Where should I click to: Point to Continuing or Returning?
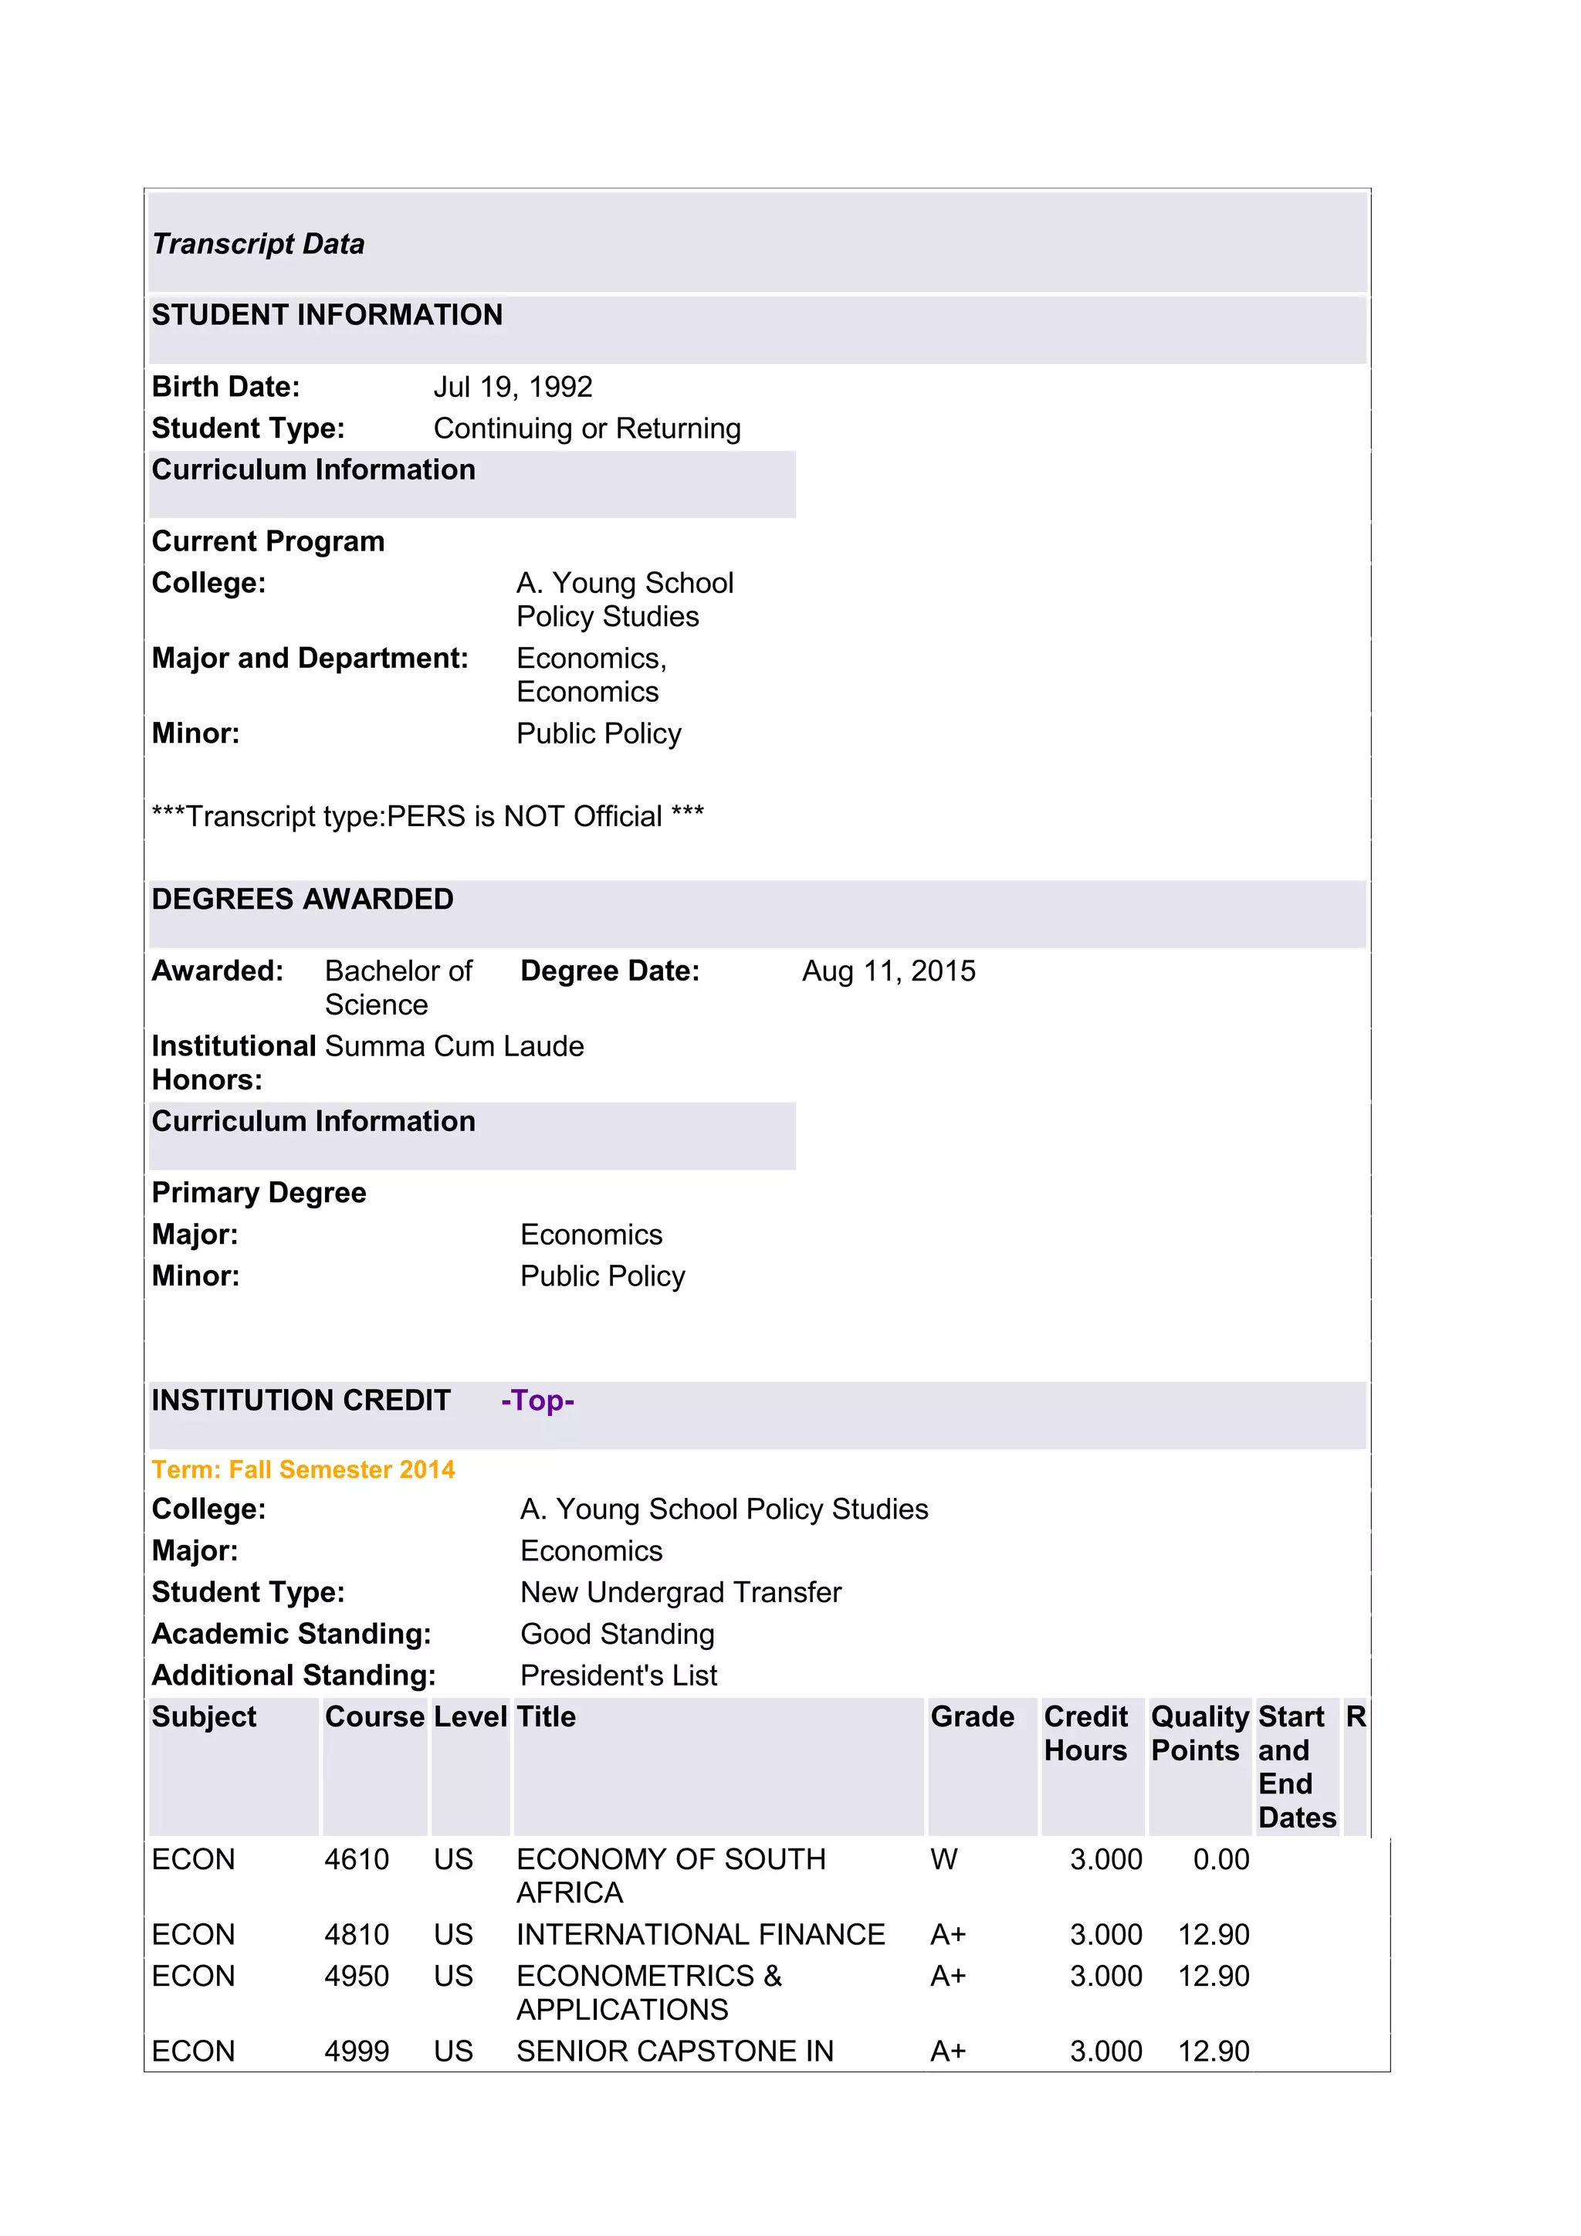click(587, 429)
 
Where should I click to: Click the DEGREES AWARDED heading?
click(303, 899)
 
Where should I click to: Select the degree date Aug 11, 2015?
click(888, 971)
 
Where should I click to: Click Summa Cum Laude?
click(455, 1046)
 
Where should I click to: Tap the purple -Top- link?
click(537, 1401)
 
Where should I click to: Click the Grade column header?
click(972, 1717)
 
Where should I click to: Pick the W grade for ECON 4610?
click(943, 1859)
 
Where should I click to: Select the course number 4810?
click(357, 1934)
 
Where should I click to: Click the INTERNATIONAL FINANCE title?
click(700, 1934)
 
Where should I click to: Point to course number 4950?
click(357, 1976)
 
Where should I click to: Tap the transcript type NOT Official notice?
click(428, 816)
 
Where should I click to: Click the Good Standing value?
click(618, 1635)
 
